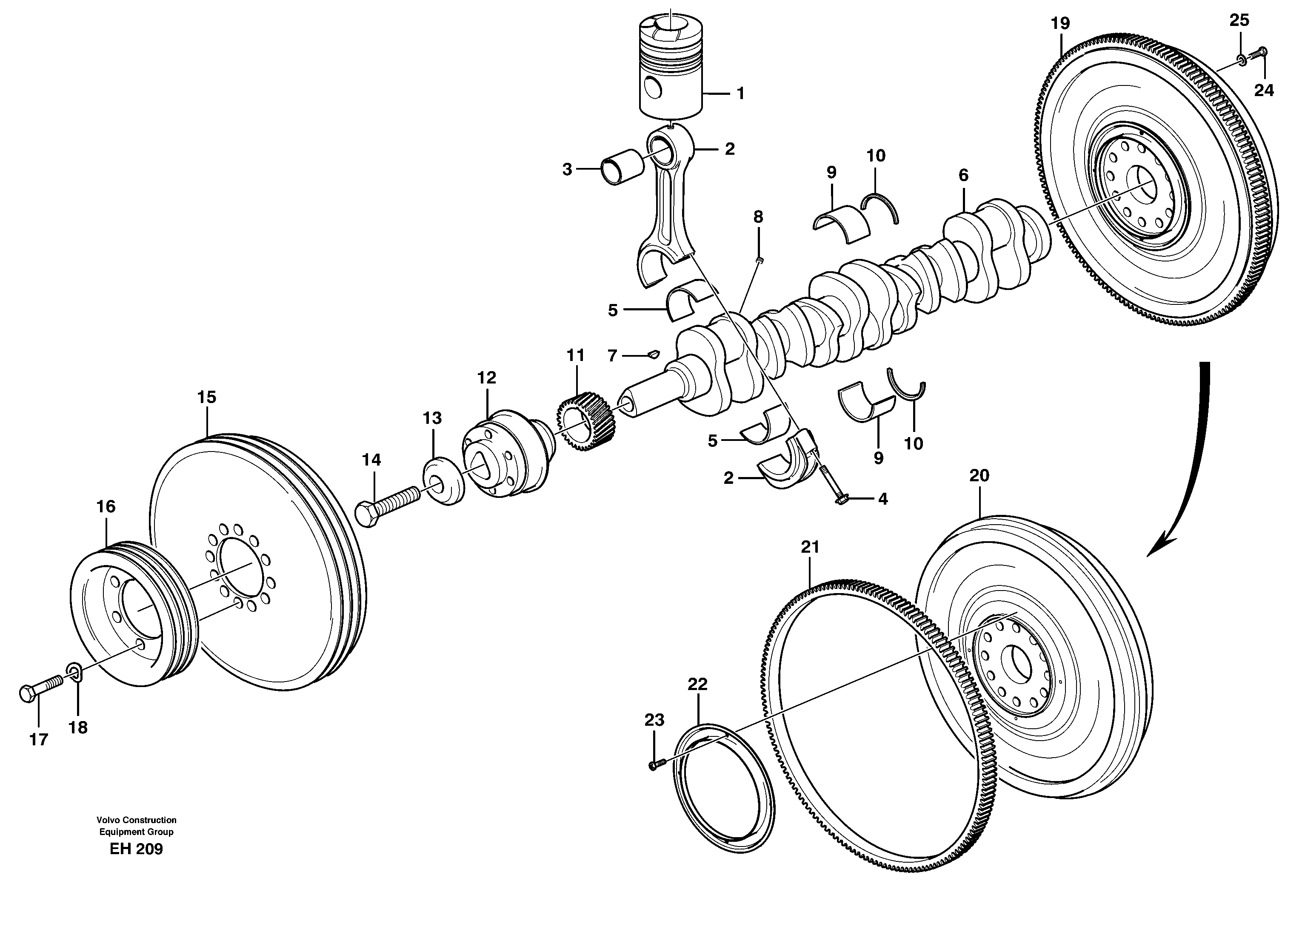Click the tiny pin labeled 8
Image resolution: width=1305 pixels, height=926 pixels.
(x=759, y=260)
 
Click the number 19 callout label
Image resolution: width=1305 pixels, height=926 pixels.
(x=1060, y=24)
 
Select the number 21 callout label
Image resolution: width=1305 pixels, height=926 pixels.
(x=810, y=547)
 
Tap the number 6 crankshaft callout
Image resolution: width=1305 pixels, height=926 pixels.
(x=963, y=176)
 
